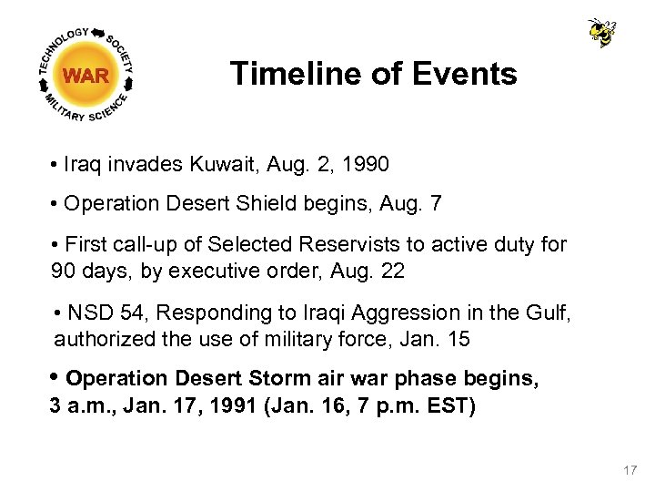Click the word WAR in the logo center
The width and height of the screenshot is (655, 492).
click(x=87, y=76)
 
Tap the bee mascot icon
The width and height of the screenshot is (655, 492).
click(x=601, y=33)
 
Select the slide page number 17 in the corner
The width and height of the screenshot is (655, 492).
click(x=630, y=470)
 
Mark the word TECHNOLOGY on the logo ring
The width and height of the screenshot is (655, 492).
click(x=63, y=45)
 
